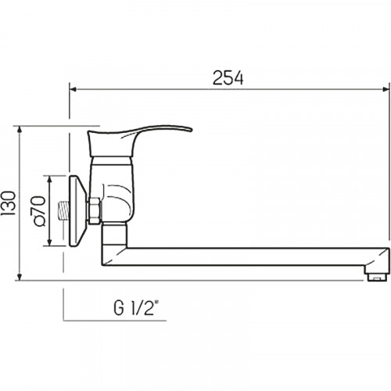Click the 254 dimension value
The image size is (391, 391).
point(228,77)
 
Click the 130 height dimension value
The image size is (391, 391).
point(8,203)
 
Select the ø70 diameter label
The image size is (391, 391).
point(39,210)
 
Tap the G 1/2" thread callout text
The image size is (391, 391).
point(136,308)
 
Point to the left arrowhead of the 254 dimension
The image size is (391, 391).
point(73,89)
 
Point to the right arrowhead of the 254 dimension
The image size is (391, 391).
point(386,89)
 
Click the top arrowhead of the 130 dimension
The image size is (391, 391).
point(20,130)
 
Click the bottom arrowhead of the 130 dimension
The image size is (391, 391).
point(20,277)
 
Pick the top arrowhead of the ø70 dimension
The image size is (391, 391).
point(49,179)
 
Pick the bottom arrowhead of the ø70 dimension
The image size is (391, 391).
point(49,242)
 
